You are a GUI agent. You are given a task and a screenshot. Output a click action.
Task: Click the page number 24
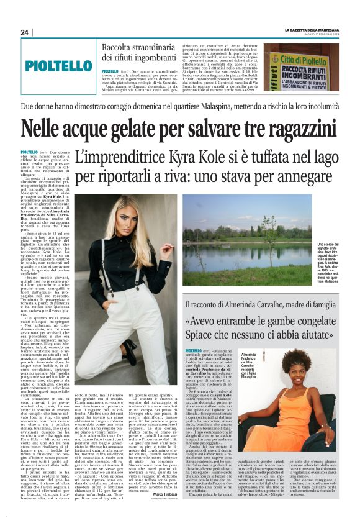pos(25,32)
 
